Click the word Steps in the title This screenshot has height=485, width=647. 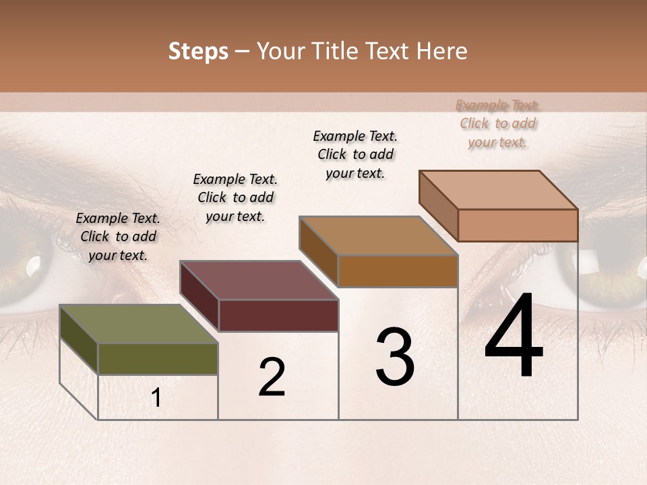click(x=197, y=51)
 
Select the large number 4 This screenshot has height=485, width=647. click(x=514, y=337)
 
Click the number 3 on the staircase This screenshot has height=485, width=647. click(x=395, y=357)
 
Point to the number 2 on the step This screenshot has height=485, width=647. click(x=272, y=377)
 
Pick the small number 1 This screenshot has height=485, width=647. click(x=156, y=398)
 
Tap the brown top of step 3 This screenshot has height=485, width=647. click(x=378, y=236)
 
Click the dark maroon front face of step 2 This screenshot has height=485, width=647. click(x=278, y=315)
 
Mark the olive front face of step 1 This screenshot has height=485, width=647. click(x=158, y=358)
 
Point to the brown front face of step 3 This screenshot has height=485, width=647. click(x=398, y=271)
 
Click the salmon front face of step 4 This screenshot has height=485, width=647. click(x=518, y=225)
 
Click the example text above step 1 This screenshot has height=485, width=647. click(x=118, y=236)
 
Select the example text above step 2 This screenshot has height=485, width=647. click(x=235, y=197)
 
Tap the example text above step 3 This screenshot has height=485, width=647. click(x=355, y=154)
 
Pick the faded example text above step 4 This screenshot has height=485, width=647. click(x=497, y=123)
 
